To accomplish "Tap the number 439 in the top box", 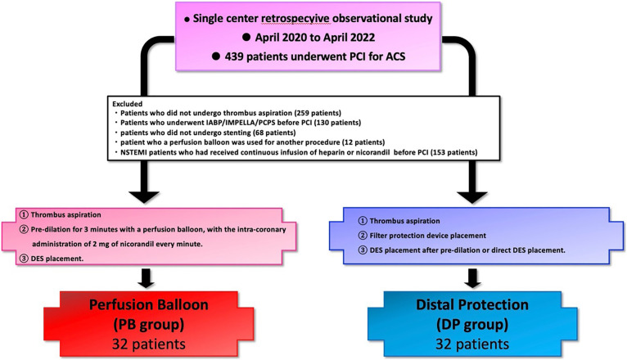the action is coord(234,56).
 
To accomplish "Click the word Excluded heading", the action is coord(127,104).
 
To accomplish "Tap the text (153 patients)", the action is coord(453,152).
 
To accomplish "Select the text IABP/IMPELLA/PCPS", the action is coord(219,123).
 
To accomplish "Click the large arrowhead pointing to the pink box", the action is coord(144,196).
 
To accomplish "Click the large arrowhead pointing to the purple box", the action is coord(471,196).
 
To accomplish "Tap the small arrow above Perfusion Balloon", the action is coord(146,278).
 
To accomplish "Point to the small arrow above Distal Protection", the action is coord(472,278).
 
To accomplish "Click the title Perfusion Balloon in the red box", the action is coord(149,304).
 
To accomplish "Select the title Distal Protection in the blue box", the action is coord(472,304).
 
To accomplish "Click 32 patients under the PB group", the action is coord(149,344).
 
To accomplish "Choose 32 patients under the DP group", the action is coord(472,344).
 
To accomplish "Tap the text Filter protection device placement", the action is coord(428,236).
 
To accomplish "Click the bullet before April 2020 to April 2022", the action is coord(246,37).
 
